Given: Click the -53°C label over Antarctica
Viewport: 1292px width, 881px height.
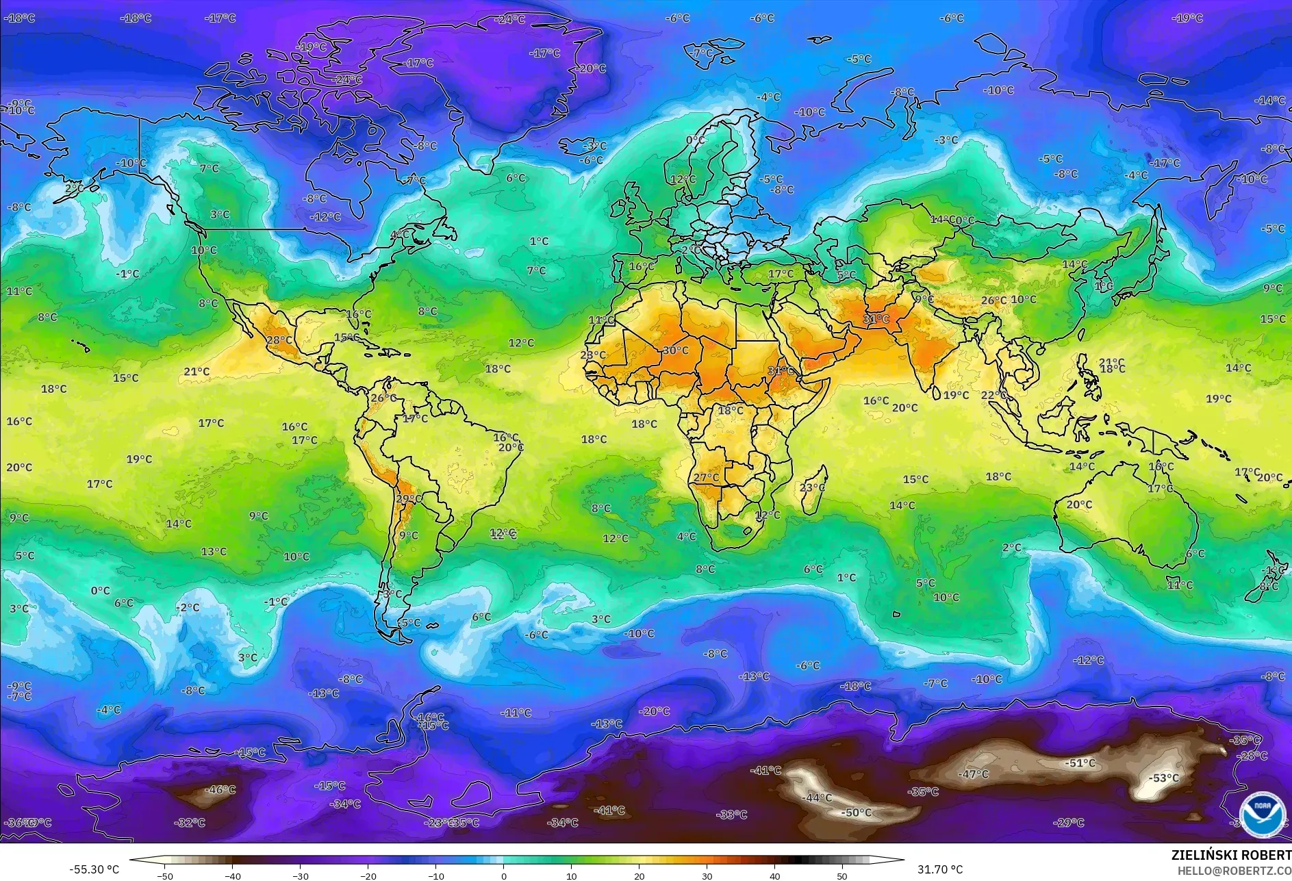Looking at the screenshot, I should point(1164,778).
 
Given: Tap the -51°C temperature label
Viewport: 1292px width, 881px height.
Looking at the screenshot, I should point(1081,763).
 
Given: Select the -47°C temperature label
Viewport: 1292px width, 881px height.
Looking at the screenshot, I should point(974,774).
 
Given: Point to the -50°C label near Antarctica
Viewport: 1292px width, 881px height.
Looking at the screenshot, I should point(857,813).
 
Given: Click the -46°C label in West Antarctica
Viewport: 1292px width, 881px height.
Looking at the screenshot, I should point(220,789).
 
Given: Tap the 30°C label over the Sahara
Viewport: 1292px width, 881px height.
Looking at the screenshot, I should point(675,350).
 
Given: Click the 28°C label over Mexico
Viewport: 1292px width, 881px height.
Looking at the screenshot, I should point(279,340).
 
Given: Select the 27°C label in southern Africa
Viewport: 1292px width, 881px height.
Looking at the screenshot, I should point(707,477).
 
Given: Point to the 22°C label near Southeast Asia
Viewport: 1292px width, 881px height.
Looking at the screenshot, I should point(993,395).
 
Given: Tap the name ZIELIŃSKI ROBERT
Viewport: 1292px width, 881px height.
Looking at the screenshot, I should point(1231,855).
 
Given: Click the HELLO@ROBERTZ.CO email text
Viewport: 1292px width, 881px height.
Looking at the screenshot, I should point(1234,870).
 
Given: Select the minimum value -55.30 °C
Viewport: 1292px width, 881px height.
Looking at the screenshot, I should point(94,869).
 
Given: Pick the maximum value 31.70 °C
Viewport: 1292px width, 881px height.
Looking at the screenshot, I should point(940,869).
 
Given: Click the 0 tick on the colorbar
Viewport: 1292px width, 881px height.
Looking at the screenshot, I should point(504,876).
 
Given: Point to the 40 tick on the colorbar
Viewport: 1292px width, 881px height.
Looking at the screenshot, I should point(774,876).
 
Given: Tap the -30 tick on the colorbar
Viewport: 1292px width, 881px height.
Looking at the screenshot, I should point(300,876).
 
